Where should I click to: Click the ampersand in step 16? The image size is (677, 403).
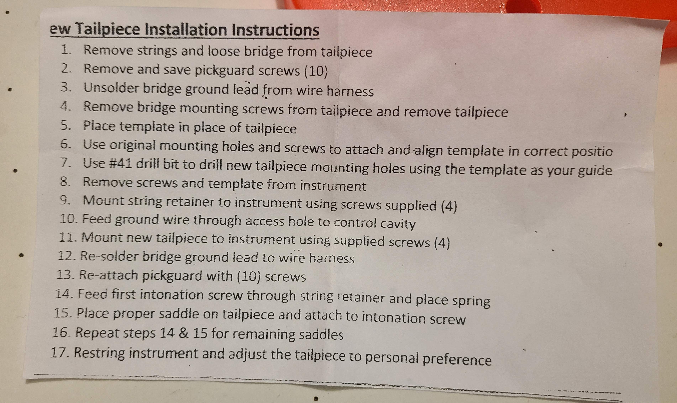coord(184,333)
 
